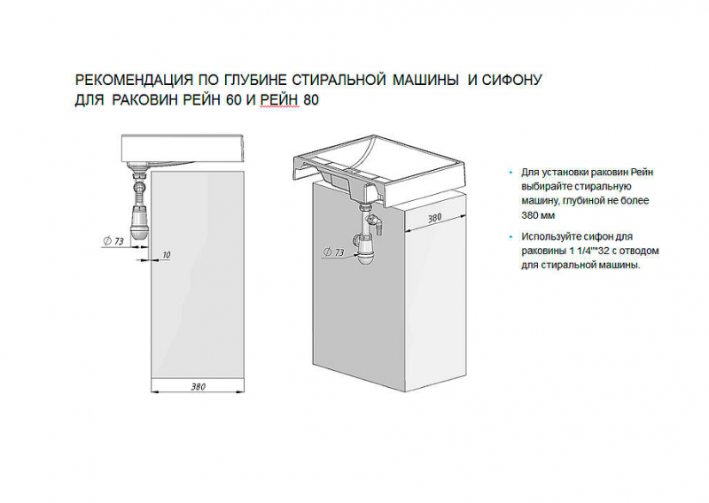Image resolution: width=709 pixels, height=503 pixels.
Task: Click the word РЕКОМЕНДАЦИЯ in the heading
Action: pyautogui.click(x=135, y=80)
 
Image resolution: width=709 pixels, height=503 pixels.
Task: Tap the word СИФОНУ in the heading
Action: pyautogui.click(x=511, y=80)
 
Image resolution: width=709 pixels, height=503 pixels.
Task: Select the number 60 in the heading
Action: pyautogui.click(x=234, y=99)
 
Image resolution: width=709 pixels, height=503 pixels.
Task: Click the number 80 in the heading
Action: pyautogui.click(x=311, y=99)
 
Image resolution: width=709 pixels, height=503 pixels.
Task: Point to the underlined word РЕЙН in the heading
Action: pyautogui.click(x=279, y=99)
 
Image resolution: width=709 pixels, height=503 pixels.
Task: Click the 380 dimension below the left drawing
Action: pyautogui.click(x=198, y=387)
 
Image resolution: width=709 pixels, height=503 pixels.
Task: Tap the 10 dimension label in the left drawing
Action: pyautogui.click(x=167, y=255)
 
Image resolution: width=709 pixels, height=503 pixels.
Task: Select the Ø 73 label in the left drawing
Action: pyautogui.click(x=113, y=241)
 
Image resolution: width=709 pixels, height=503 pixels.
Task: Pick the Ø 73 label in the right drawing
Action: pyautogui.click(x=334, y=252)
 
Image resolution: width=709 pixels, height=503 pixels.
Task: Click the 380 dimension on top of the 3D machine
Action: pyautogui.click(x=434, y=218)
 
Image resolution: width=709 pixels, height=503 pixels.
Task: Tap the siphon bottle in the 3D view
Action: pyautogui.click(x=365, y=250)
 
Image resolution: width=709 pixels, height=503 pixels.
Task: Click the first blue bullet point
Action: pyautogui.click(x=511, y=173)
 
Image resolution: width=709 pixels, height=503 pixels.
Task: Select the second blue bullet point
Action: pyautogui.click(x=511, y=236)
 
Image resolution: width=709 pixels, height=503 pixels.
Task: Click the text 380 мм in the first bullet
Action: pyautogui.click(x=538, y=215)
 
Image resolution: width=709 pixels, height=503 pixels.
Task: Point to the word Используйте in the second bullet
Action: pyautogui.click(x=548, y=236)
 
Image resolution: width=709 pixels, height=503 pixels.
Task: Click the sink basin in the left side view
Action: pyautogui.click(x=183, y=149)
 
